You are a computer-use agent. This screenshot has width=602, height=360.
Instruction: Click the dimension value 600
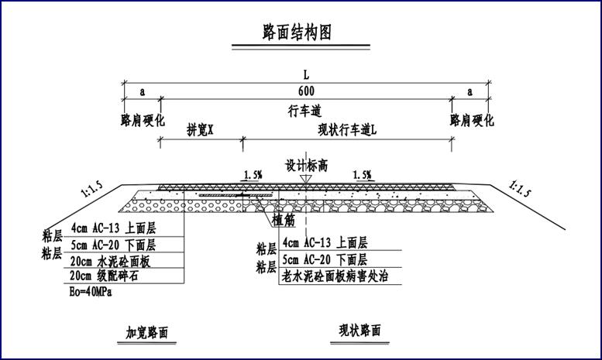click(x=305, y=91)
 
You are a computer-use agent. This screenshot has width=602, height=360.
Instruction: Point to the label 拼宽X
click(x=200, y=130)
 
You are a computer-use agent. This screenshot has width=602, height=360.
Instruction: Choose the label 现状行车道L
click(x=347, y=130)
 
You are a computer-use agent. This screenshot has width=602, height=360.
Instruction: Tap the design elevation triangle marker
click(x=306, y=179)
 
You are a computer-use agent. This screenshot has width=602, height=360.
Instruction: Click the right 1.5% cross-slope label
click(x=361, y=176)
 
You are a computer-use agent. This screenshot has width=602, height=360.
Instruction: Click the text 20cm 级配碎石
click(x=109, y=276)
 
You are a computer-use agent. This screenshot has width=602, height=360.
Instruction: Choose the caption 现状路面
click(x=360, y=331)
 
